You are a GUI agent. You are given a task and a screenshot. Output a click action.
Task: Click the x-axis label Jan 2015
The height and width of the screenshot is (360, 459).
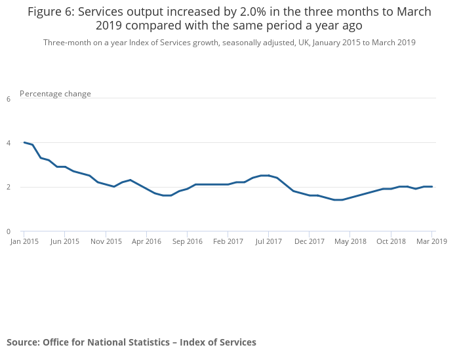24,241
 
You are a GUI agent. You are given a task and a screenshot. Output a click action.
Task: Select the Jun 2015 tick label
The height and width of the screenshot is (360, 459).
65,241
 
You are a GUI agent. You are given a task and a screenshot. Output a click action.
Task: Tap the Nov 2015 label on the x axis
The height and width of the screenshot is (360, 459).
106,241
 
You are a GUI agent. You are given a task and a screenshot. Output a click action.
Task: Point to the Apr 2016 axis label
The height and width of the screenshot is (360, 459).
146,241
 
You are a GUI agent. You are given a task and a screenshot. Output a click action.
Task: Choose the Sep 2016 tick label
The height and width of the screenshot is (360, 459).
188,241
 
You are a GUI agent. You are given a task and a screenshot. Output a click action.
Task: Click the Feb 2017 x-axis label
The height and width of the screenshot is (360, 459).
228,241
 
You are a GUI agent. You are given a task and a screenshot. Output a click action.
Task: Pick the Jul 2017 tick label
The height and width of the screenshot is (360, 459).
269,241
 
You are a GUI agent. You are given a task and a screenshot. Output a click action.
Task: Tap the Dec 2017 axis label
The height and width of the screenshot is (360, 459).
309,241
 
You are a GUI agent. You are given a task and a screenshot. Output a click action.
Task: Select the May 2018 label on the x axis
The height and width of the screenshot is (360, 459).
350,241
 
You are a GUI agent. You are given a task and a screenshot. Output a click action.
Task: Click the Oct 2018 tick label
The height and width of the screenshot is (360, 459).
391,241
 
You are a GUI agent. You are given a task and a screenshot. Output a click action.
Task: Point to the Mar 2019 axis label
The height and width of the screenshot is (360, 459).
431,241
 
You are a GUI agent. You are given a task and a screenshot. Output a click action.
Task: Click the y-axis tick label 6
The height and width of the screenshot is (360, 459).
9,99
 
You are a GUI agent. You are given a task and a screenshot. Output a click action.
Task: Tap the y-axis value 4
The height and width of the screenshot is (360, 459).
9,143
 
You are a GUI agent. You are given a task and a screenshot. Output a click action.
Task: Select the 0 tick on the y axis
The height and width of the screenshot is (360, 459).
9,231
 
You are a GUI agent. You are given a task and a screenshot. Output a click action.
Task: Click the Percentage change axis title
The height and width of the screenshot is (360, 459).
56,94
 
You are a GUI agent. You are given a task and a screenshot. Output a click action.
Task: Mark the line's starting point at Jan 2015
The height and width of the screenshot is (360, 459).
24,142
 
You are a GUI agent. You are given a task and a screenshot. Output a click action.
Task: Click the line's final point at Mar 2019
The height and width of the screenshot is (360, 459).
432,187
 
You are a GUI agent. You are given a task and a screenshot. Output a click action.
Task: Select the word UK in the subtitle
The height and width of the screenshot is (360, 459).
304,43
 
